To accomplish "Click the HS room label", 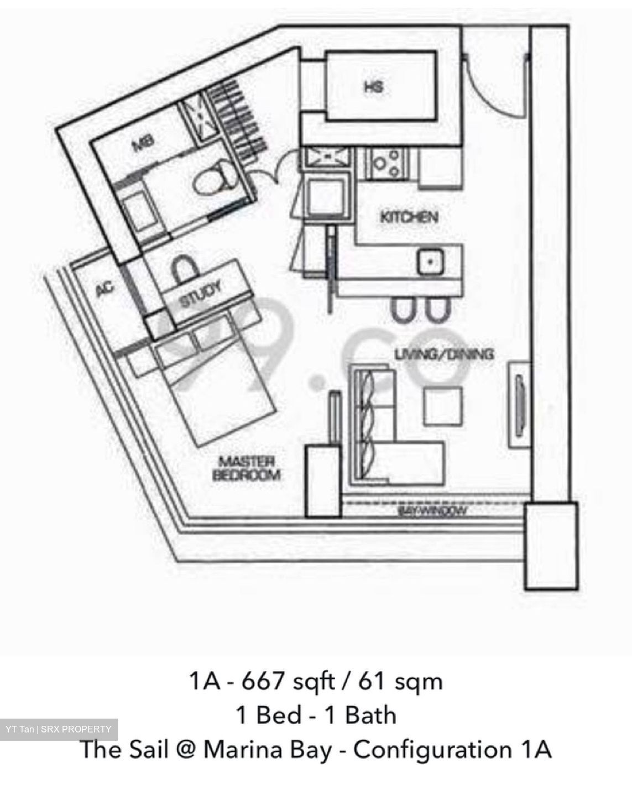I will pyautogui.click(x=373, y=87).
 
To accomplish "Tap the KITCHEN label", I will pyautogui.click(x=409, y=217).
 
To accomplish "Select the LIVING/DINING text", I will pyautogui.click(x=444, y=354).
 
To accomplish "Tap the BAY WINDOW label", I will pyautogui.click(x=432, y=511).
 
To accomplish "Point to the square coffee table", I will pyautogui.click(x=442, y=406).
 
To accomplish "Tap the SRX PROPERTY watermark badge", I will pyautogui.click(x=59, y=729).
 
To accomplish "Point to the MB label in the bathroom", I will pyautogui.click(x=142, y=145).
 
